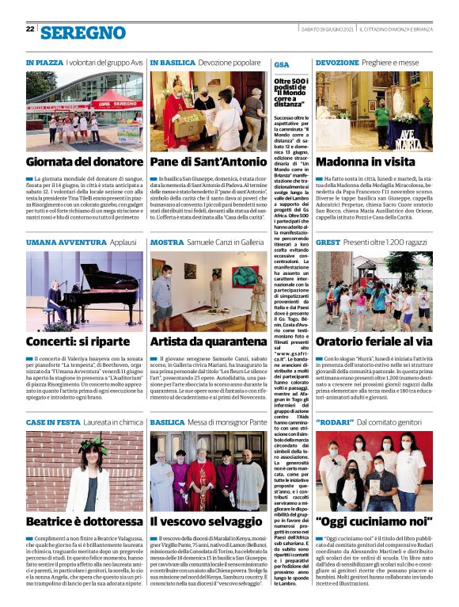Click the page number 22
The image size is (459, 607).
pos(30,29)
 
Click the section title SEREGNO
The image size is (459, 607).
pos(82,32)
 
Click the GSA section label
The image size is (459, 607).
pos(281,63)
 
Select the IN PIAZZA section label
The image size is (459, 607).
pos(44,61)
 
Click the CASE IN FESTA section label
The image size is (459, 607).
pos(52,422)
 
